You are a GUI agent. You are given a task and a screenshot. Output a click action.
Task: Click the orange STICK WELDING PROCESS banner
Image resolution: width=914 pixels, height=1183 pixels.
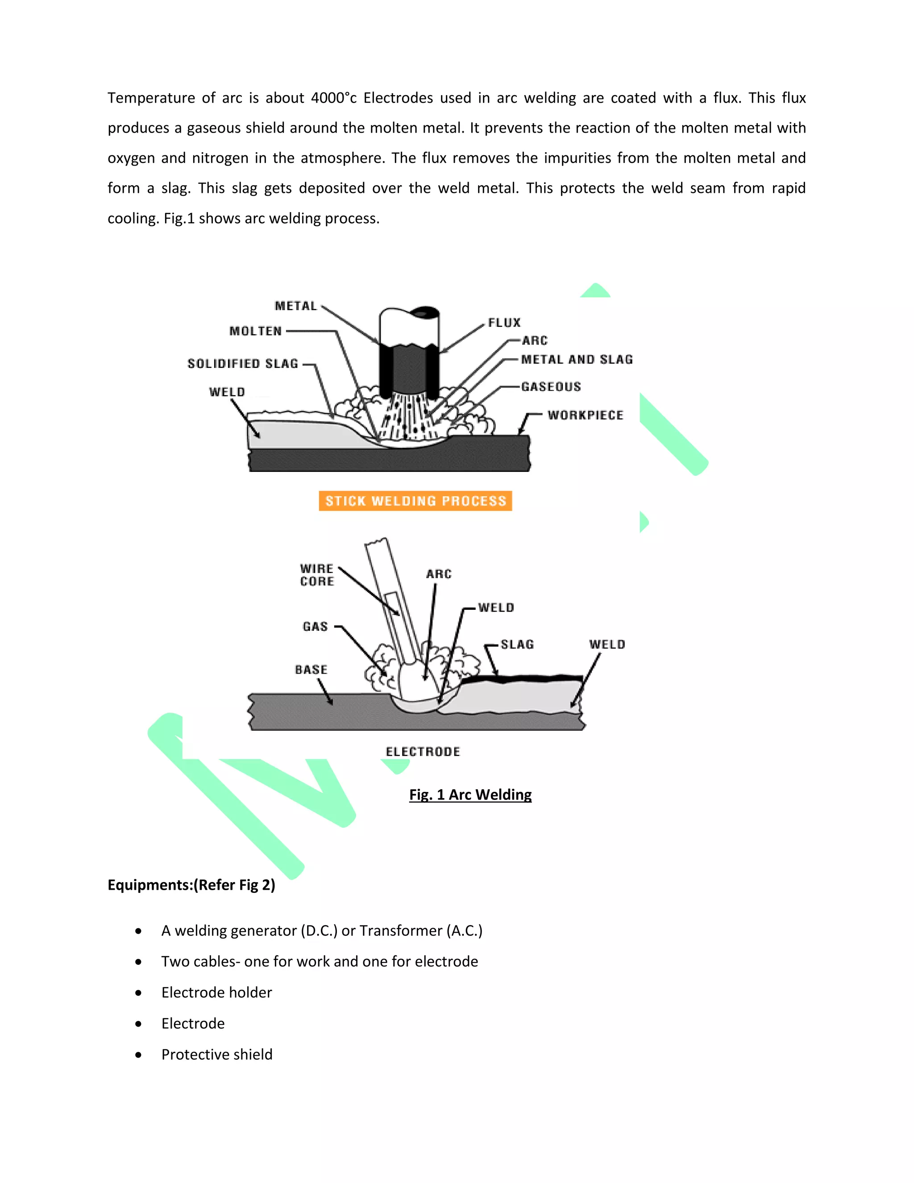(x=415, y=500)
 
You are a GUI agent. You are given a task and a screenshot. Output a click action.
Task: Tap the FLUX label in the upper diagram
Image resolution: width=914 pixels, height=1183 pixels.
(x=504, y=322)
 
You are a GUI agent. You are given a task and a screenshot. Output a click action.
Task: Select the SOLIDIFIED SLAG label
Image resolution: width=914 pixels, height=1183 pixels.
(x=243, y=363)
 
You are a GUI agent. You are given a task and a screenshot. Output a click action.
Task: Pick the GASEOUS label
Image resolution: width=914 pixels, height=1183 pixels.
(x=551, y=386)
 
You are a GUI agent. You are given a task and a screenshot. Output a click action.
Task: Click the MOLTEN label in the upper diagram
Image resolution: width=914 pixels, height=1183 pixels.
(x=256, y=331)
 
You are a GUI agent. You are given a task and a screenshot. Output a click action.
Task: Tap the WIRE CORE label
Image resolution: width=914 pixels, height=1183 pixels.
(x=317, y=575)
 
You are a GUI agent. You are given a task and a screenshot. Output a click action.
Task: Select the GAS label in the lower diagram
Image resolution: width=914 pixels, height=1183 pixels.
(x=315, y=626)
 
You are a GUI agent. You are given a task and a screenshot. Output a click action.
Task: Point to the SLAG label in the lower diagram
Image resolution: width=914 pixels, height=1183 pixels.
(x=517, y=644)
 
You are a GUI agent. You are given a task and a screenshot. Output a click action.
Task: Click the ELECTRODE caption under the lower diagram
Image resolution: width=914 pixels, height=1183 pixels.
(x=423, y=751)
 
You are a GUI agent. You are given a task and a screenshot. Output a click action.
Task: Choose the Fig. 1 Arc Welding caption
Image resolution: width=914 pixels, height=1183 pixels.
(x=470, y=795)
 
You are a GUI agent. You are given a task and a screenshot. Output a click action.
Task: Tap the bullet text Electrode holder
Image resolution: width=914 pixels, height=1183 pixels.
(x=216, y=992)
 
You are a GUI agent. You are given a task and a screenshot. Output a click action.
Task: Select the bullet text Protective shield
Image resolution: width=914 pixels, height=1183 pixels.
(x=216, y=1054)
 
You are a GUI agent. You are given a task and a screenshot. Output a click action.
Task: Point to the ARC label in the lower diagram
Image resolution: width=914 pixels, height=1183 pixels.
(x=439, y=574)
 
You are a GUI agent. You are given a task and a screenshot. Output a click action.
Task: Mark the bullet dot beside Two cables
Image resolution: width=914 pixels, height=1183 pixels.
(x=139, y=962)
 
